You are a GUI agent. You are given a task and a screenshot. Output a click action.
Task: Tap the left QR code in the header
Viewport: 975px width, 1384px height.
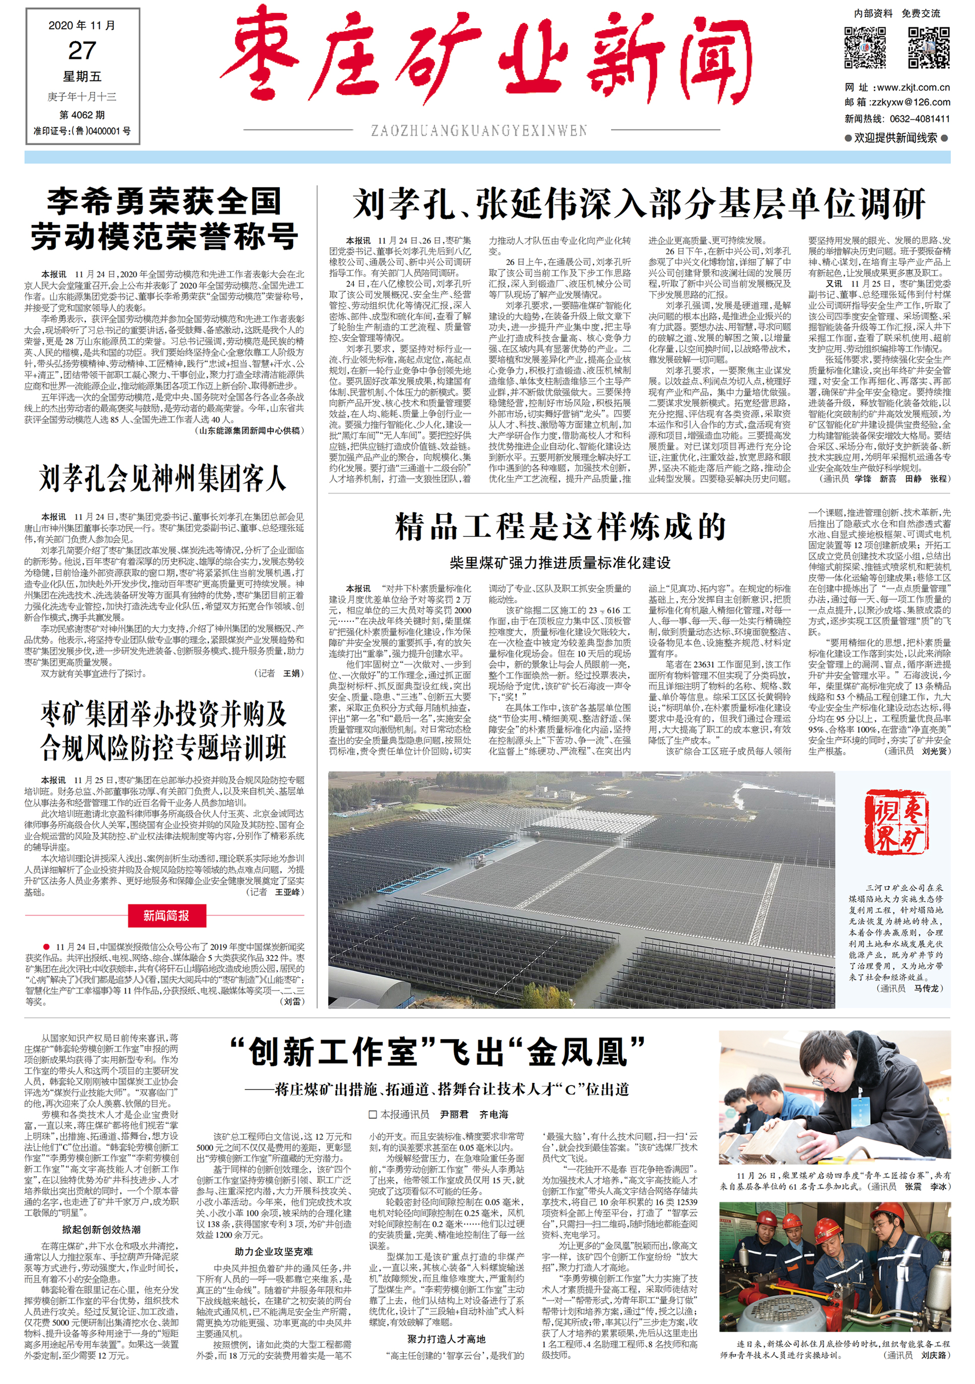click(x=865, y=47)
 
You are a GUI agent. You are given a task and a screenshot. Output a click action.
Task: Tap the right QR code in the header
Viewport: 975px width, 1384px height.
click(x=928, y=47)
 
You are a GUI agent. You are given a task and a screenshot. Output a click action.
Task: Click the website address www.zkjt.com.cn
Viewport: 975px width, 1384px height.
click(x=912, y=87)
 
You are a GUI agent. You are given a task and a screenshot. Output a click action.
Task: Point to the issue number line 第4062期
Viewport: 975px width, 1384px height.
click(x=82, y=114)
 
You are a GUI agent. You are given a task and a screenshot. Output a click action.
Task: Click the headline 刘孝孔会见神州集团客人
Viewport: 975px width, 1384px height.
click(x=163, y=479)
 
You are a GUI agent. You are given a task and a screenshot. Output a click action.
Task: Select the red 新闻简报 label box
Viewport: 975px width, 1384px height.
click(x=166, y=915)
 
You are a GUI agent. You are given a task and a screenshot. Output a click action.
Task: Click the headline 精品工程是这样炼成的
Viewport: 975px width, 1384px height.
click(x=561, y=528)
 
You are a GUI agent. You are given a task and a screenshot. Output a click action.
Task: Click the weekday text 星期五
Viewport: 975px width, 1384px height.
click(x=82, y=77)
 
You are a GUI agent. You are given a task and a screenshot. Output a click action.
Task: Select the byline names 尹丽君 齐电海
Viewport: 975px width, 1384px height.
click(x=474, y=1115)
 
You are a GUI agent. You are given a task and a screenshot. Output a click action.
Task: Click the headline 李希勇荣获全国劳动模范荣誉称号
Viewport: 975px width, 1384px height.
click(x=164, y=219)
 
